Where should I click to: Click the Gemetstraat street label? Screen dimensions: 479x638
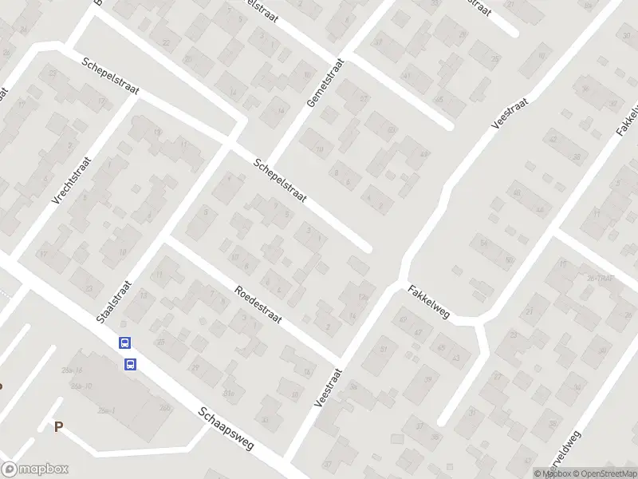pos(325,83)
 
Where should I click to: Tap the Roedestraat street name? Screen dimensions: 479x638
pos(259,305)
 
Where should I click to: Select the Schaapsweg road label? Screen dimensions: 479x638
pos(226,430)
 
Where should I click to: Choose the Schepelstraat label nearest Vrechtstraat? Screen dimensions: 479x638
pos(110,76)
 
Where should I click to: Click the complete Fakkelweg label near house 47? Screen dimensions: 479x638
pos(429,302)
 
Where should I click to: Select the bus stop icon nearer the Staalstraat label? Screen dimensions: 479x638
pos(124,343)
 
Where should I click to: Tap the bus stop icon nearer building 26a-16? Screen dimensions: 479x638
pos(130,365)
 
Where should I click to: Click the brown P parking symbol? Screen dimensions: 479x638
pos(58,427)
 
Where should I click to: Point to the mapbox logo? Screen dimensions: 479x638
pos(35,469)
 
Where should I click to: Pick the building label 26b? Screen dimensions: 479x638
pos(165,407)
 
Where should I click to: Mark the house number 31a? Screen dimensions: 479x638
pos(231,393)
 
